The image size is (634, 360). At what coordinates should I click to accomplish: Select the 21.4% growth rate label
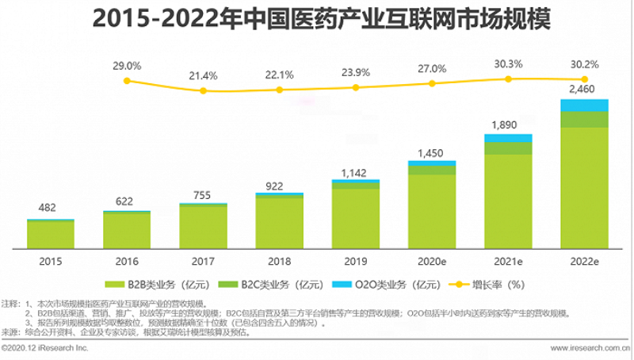click(x=204, y=75)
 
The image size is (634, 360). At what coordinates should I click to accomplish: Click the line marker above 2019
click(x=356, y=87)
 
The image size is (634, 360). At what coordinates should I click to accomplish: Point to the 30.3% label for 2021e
click(x=508, y=63)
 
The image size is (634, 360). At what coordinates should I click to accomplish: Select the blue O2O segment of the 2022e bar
click(x=585, y=105)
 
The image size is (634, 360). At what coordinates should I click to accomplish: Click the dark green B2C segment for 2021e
click(x=508, y=148)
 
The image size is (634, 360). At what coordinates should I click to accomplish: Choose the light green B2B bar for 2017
click(x=204, y=226)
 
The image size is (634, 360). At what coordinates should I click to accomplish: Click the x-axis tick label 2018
click(x=280, y=259)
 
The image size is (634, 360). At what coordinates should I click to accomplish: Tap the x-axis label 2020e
click(x=432, y=259)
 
